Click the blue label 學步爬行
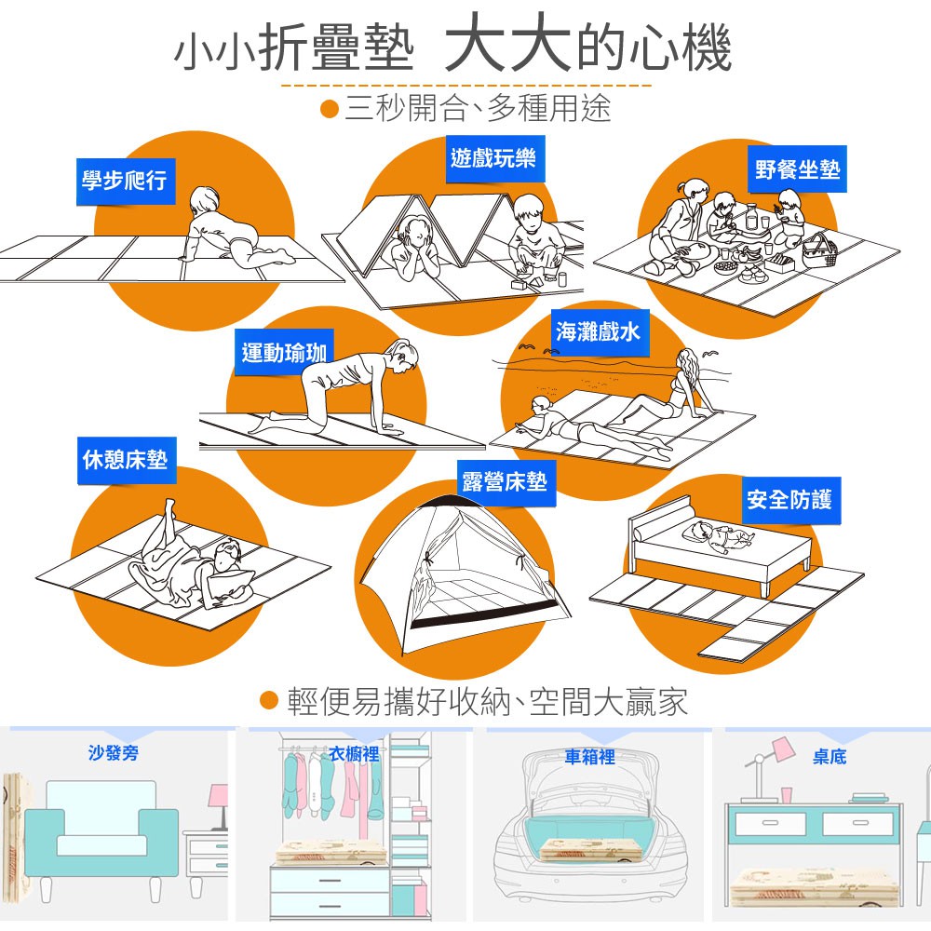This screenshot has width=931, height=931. (x=125, y=180)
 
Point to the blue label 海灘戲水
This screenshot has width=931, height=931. (x=598, y=331)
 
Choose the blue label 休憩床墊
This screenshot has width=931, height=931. (x=126, y=460)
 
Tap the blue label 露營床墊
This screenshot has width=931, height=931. (x=505, y=482)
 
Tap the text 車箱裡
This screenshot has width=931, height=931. (x=590, y=757)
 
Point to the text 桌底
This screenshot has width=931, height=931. (x=829, y=757)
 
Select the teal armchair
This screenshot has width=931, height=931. (x=101, y=829)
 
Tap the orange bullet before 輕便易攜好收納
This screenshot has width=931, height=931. (x=270, y=700)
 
